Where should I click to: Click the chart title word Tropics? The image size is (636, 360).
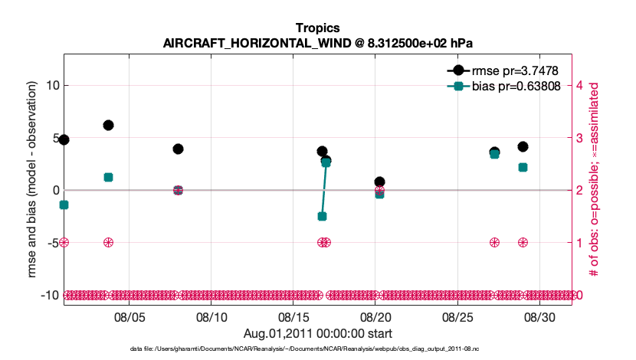317,28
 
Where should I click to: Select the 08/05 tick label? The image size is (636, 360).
129,316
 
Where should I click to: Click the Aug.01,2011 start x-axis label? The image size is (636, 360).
317,333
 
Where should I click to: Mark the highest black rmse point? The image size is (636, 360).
108,125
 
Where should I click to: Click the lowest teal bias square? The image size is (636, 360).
322,217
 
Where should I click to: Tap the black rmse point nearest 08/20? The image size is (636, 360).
379,182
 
